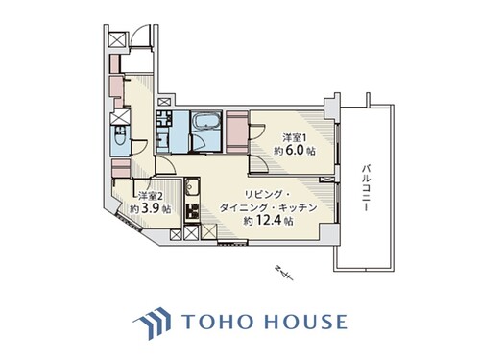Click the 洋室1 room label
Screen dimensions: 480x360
295,138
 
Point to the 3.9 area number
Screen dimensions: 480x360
150,208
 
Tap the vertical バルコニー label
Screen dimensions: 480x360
366,188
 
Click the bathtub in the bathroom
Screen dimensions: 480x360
206,123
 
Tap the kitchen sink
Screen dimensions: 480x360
192,187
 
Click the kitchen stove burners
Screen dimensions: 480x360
192,211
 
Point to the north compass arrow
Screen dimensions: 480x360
284,273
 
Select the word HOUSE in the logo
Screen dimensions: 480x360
306,322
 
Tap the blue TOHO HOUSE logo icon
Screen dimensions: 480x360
153,323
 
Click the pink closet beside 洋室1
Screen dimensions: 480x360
237,132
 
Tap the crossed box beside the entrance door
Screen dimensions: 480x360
116,40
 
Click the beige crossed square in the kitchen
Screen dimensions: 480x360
209,231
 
